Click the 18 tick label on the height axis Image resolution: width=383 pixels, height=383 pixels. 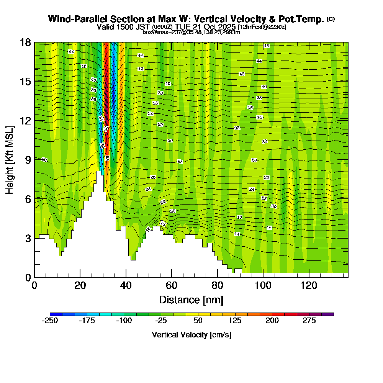[x=26, y=42]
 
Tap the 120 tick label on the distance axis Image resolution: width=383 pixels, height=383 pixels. [x=309, y=286]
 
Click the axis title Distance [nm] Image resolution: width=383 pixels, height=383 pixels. [x=191, y=300]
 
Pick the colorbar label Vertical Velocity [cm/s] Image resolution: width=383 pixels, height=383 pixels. [x=191, y=335]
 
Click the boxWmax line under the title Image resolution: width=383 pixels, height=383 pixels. [x=191, y=32]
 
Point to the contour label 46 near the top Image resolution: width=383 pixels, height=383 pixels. [x=267, y=46]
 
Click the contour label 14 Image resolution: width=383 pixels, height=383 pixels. [x=237, y=234]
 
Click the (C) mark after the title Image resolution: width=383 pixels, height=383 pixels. [x=331, y=19]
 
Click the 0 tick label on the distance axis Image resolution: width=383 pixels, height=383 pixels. [x=34, y=286]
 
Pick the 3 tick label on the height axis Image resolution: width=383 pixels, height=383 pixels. [x=28, y=238]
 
